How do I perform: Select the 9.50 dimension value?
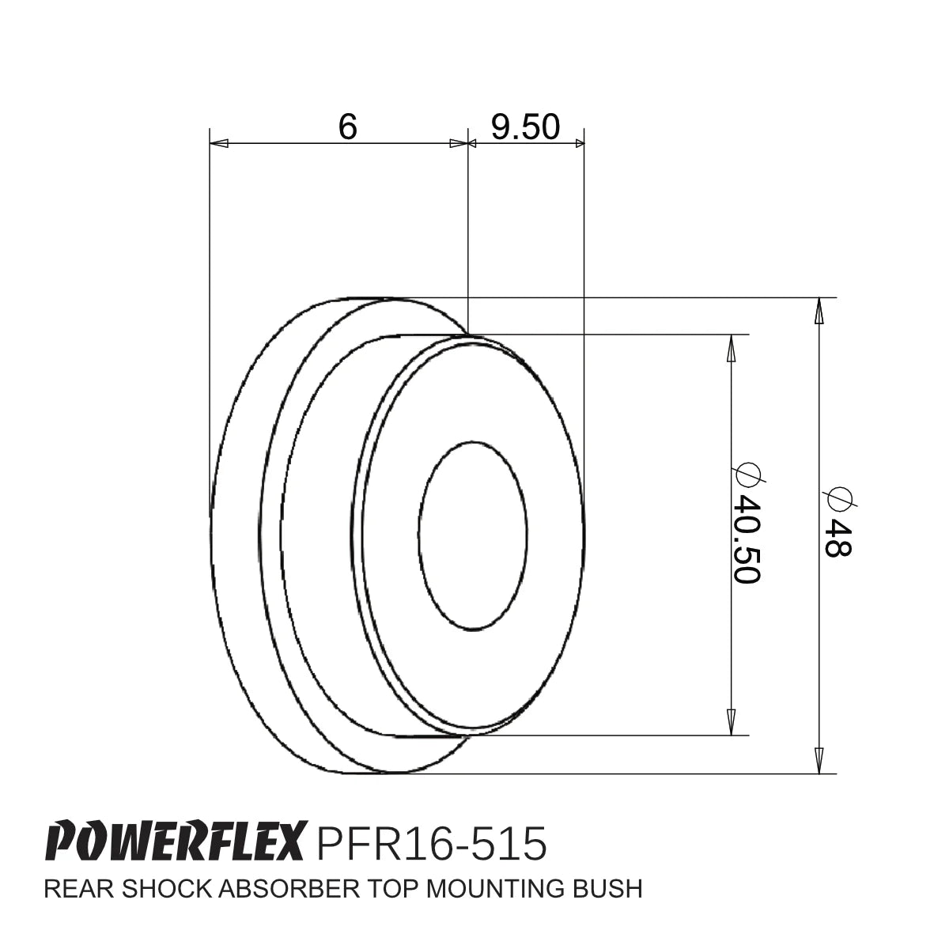[x=524, y=127]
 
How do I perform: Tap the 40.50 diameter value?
[x=746, y=539]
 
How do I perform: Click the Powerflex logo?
[x=176, y=843]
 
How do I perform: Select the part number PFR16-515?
[x=431, y=843]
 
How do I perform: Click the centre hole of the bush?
[x=473, y=535]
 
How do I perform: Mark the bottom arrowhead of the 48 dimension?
[x=819, y=762]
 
